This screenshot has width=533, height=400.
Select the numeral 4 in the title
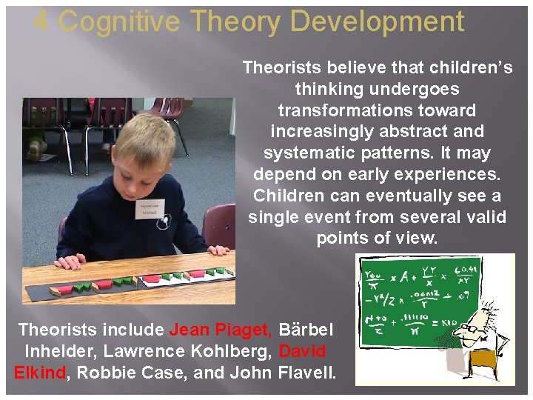click(x=42, y=21)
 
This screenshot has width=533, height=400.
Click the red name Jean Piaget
click(x=221, y=329)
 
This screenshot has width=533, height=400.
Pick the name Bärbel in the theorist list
click(x=306, y=329)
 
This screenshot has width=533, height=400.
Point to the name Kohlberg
click(x=240, y=350)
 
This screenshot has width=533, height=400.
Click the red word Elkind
click(x=39, y=372)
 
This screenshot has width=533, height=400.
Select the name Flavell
click(x=306, y=372)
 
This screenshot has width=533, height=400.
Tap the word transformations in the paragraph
click(x=377, y=110)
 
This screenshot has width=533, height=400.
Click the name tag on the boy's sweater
click(x=150, y=210)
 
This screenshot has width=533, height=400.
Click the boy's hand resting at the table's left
click(x=71, y=261)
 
